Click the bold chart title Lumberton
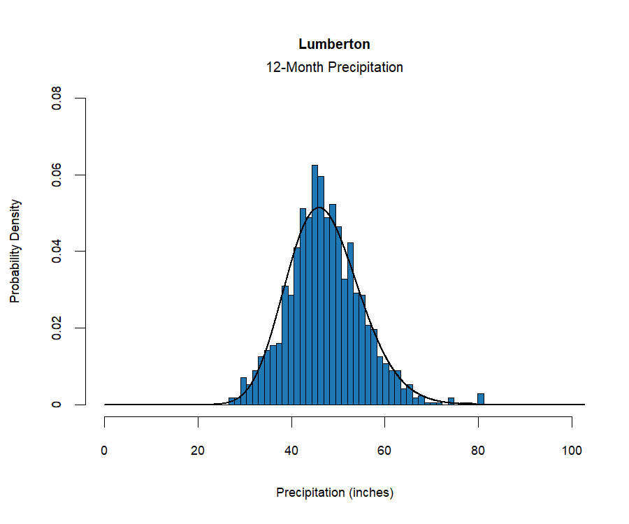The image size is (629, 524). (334, 44)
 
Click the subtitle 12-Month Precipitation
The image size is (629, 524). (334, 68)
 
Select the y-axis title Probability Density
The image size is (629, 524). (15, 251)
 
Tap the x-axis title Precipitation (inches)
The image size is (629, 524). (335, 493)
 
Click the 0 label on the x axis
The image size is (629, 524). (105, 451)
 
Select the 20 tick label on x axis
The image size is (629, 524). (198, 451)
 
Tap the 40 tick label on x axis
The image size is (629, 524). (291, 451)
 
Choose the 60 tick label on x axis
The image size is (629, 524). (385, 451)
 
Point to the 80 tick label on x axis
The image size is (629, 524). (478, 451)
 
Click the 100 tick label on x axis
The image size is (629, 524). (572, 451)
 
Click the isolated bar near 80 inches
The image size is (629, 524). (481, 399)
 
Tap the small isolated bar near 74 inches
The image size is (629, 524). (451, 401)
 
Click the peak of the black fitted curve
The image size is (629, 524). (319, 208)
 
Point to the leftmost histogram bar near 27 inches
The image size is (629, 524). (232, 401)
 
